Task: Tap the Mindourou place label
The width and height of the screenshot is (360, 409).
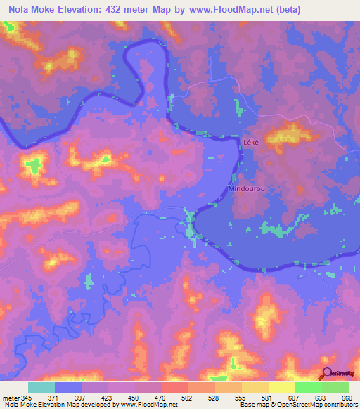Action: coord(246,189)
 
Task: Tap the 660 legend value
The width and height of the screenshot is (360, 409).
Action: coord(346,397)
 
